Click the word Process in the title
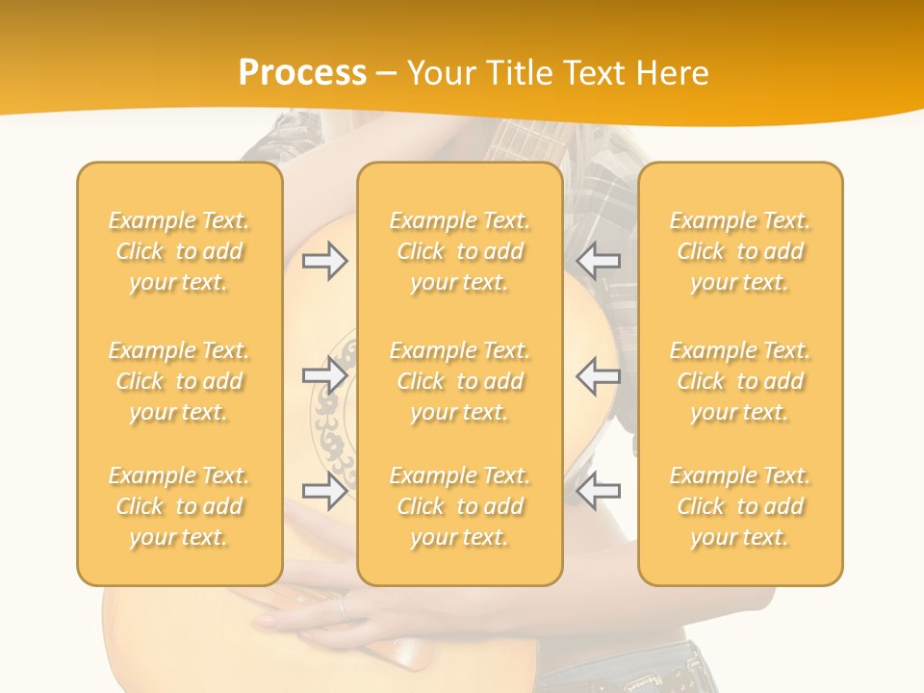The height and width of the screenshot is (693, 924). (302, 73)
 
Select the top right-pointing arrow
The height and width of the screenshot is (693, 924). (325, 261)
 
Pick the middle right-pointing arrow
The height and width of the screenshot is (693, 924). (325, 375)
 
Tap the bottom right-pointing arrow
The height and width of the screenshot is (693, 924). (325, 491)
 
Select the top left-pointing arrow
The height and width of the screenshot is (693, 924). (599, 261)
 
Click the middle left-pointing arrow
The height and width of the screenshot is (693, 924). (599, 375)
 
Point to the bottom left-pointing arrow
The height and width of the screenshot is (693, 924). (599, 491)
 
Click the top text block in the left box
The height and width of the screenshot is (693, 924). (179, 251)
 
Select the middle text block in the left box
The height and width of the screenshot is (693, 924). (179, 381)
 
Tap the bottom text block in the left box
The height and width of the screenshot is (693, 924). (179, 506)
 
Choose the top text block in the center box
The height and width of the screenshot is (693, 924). (460, 251)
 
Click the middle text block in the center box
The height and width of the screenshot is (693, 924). (460, 381)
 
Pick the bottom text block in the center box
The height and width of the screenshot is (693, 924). (460, 506)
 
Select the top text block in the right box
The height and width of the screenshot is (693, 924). (740, 251)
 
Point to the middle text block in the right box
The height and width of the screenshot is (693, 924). (740, 381)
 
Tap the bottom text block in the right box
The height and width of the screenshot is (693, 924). (740, 506)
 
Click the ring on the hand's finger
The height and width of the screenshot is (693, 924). (340, 607)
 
